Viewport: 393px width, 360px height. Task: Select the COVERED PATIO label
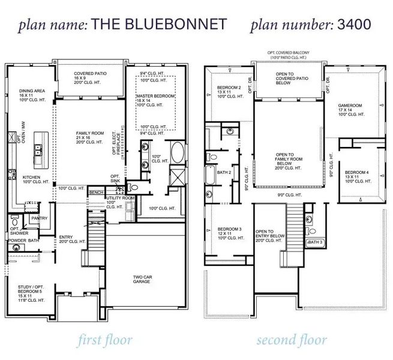pyautogui.click(x=90, y=73)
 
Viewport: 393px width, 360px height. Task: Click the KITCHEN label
pyautogui.click(x=31, y=178)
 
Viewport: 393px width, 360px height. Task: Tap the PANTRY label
pyautogui.click(x=39, y=218)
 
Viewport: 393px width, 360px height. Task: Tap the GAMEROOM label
pyautogui.click(x=350, y=106)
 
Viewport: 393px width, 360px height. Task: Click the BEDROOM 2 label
pyautogui.click(x=228, y=88)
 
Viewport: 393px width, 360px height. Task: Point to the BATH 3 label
pyautogui.click(x=314, y=242)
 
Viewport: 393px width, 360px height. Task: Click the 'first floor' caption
pyautogui.click(x=105, y=341)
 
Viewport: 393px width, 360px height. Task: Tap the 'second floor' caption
pyautogui.click(x=292, y=341)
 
